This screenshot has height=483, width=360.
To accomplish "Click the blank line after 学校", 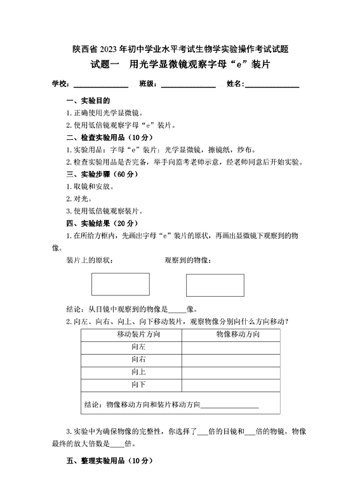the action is point(101,85).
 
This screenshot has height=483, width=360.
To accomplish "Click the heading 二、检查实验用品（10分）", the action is point(109,137).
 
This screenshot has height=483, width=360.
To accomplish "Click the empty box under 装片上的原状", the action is point(121,285).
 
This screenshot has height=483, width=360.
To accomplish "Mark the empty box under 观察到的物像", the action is point(215,285).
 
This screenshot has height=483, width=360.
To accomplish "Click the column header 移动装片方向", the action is point(138,334).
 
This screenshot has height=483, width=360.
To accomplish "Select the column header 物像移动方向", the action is point(237,334).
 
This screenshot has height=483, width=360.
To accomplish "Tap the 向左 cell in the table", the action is point(138,347).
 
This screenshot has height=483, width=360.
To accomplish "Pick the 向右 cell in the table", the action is point(138,360).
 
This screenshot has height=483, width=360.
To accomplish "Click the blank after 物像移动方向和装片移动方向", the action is point(229,405).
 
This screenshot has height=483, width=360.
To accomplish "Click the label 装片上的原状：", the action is point(90,260).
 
